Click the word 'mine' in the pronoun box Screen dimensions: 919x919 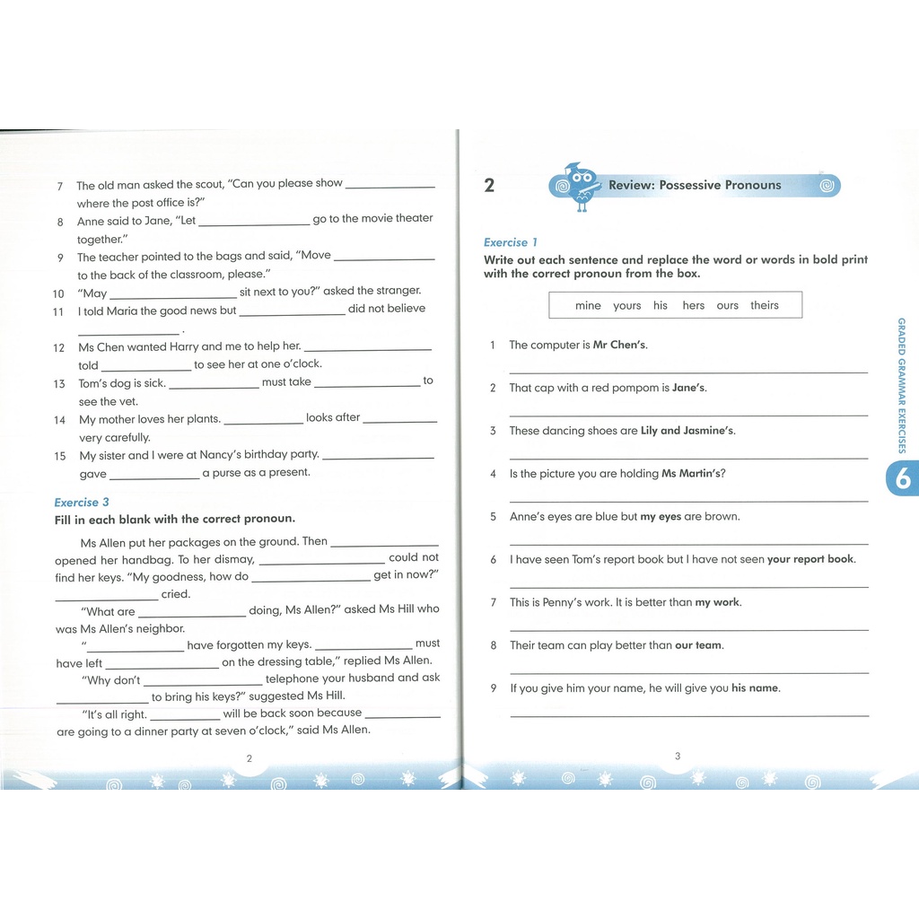point(588,306)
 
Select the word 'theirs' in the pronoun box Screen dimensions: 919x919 point(765,306)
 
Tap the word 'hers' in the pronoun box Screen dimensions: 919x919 point(693,306)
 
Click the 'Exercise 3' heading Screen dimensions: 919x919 point(82,503)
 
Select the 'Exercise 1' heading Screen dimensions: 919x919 point(511,242)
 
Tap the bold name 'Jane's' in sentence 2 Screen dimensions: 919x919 point(689,388)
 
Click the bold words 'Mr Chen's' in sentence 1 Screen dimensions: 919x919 point(620,345)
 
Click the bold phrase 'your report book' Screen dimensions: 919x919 point(810,559)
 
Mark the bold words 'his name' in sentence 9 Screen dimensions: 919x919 point(755,688)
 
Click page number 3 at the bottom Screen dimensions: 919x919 point(678,757)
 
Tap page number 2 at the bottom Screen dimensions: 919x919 point(249,758)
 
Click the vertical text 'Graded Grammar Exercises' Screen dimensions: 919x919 point(902,386)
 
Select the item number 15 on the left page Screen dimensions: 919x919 point(60,456)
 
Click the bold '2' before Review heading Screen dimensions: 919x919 point(489,186)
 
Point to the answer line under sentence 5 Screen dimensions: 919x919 point(688,544)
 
